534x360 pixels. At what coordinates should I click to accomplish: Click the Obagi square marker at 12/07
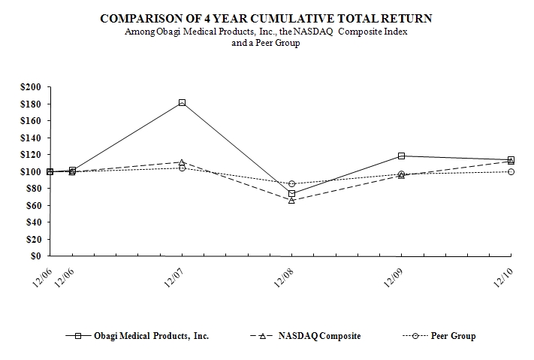coord(182,102)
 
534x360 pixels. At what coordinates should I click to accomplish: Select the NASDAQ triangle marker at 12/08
coord(291,200)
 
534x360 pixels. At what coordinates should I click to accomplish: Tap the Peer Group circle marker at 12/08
coord(291,184)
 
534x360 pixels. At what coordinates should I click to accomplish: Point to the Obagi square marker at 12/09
coord(401,156)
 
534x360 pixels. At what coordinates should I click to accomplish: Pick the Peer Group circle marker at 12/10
coord(511,171)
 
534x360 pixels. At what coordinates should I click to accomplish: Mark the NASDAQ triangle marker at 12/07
coord(182,162)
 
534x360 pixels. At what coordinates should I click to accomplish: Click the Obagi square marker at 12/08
coord(291,194)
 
